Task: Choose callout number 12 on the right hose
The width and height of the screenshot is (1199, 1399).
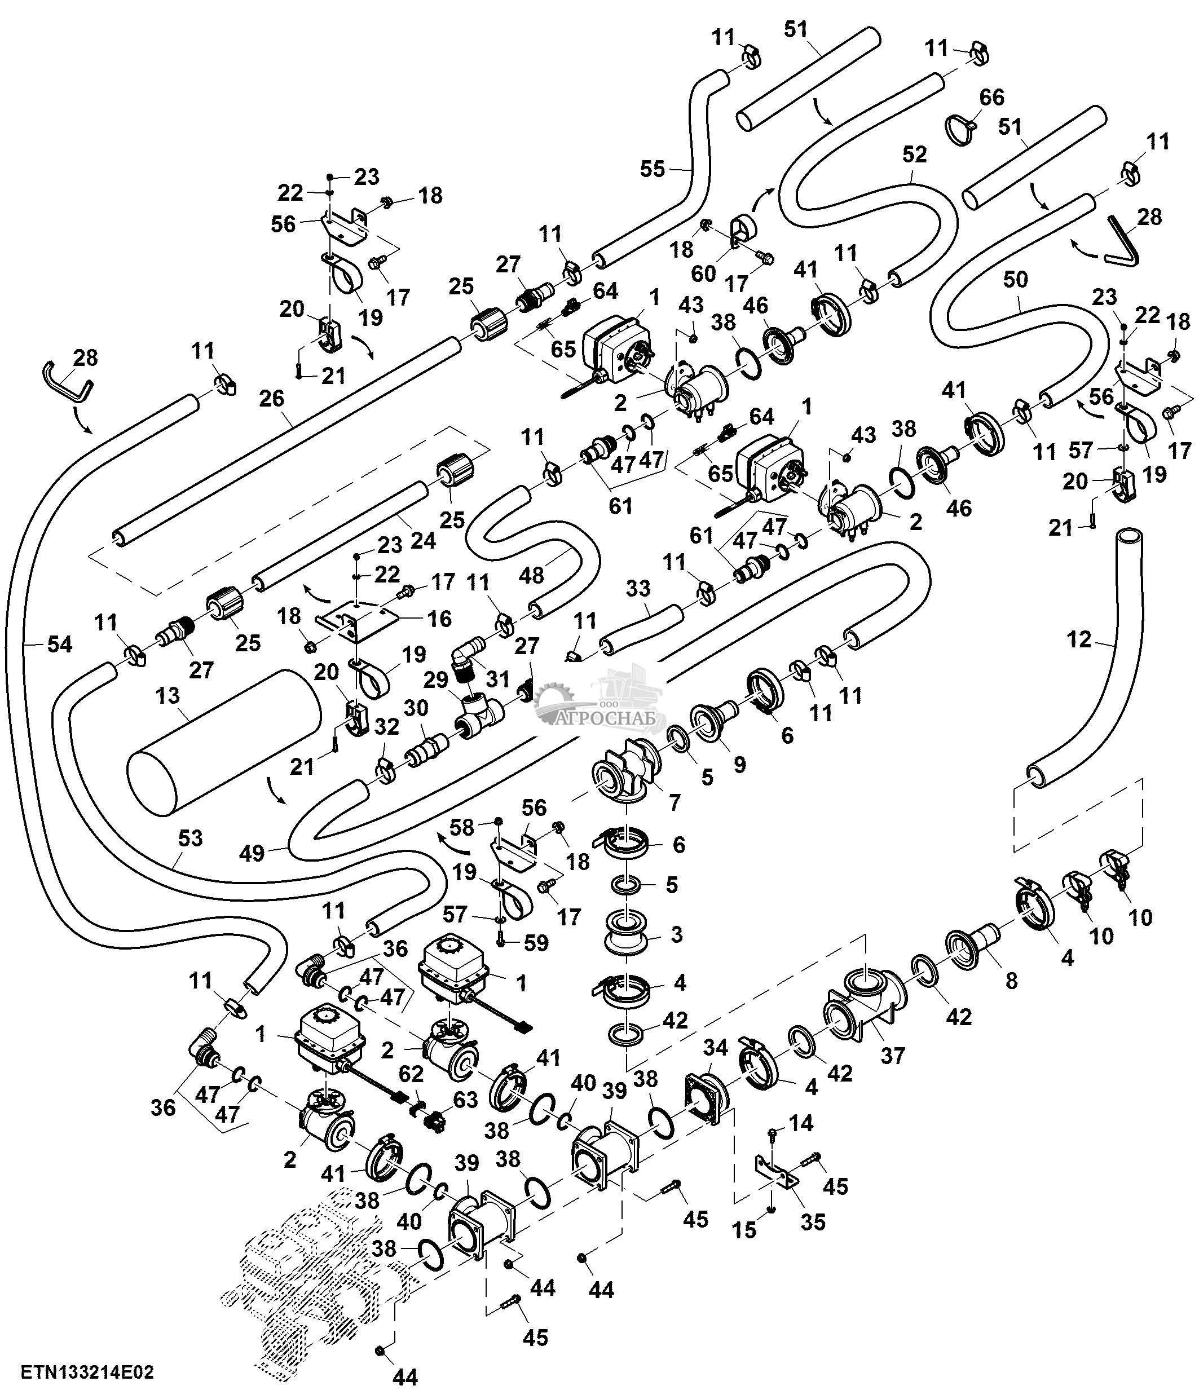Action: pyautogui.click(x=1079, y=639)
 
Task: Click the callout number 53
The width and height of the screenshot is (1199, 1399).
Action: pyautogui.click(x=191, y=838)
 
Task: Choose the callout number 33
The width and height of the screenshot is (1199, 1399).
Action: pyautogui.click(x=637, y=589)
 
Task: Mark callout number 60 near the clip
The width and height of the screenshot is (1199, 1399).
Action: pyautogui.click(x=703, y=273)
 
